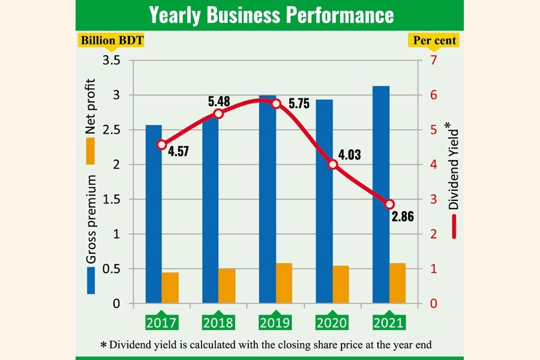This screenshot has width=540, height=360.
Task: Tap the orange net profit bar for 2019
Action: click(284, 283)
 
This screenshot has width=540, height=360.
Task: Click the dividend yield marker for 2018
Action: click(218, 114)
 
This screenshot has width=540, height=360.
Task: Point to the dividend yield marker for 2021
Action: click(389, 205)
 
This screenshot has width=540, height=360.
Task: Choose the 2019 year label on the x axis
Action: click(275, 323)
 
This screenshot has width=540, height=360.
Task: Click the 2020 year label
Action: click(332, 323)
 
